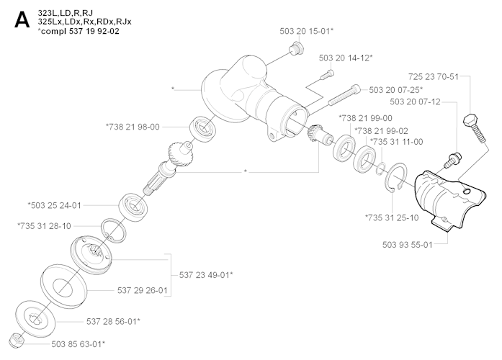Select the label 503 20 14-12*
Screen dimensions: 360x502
tap(345, 57)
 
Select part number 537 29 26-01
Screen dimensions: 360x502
tap(142, 291)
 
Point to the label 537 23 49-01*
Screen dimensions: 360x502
tap(205, 274)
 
